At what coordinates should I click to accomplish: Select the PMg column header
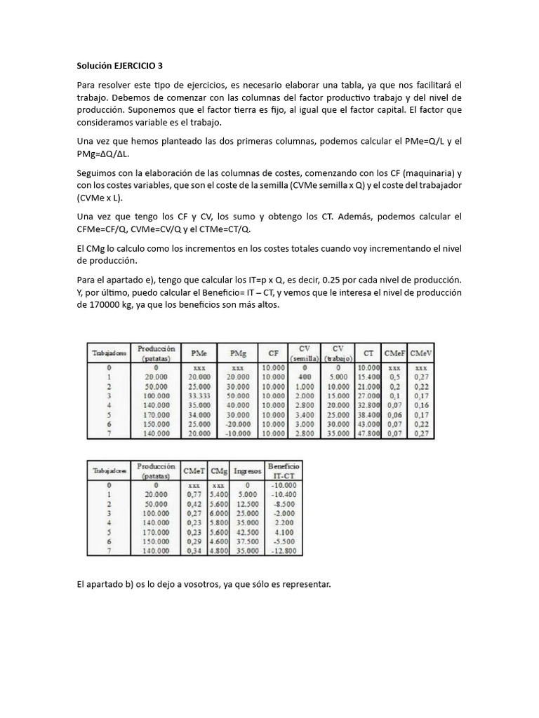click(237, 353)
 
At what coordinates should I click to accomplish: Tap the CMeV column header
click(420, 353)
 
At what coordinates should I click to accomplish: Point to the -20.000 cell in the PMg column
click(237, 424)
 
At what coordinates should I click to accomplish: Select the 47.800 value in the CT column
click(368, 434)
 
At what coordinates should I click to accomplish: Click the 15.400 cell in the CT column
click(368, 377)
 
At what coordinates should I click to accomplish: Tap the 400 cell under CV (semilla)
click(305, 377)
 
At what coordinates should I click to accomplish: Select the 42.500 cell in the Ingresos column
click(246, 533)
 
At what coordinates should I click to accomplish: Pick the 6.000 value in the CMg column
click(219, 513)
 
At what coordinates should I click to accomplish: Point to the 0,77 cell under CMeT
click(194, 494)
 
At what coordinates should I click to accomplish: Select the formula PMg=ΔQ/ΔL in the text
click(105, 154)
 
